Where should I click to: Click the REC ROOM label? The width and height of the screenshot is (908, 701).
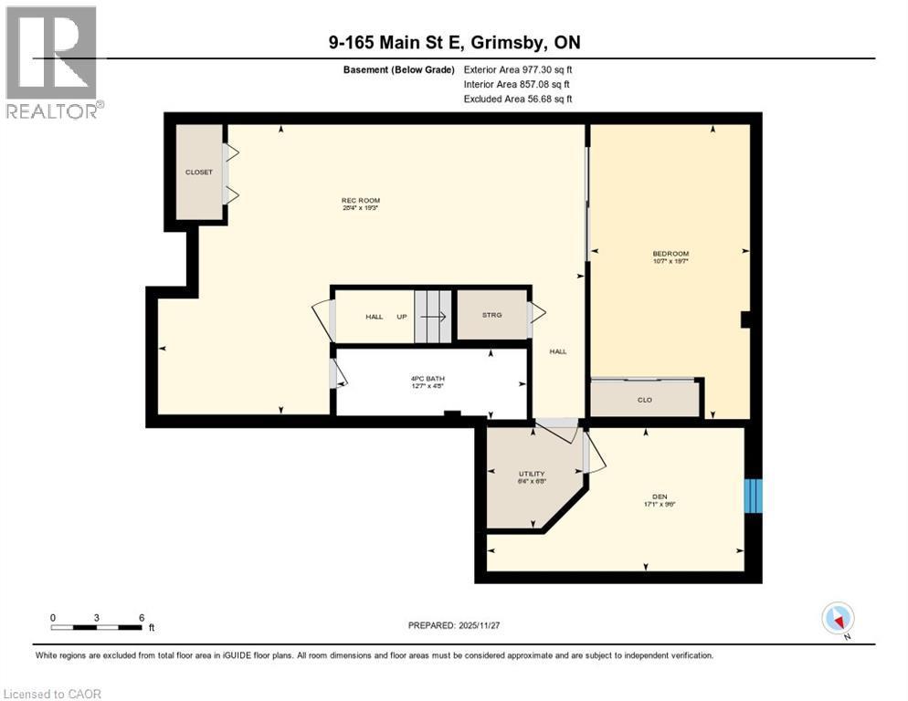click(x=360, y=201)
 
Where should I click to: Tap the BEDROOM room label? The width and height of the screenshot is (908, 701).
click(x=670, y=254)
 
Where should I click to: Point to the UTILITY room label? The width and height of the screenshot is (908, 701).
click(x=531, y=474)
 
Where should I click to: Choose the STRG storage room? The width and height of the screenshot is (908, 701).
click(x=492, y=316)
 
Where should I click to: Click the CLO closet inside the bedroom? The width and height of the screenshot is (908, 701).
click(x=645, y=399)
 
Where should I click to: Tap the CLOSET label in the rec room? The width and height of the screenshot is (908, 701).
click(x=198, y=173)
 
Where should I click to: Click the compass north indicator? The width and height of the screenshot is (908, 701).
click(x=837, y=619)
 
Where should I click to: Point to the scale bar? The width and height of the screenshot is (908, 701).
click(x=97, y=627)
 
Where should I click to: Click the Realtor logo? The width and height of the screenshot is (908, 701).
click(x=52, y=62)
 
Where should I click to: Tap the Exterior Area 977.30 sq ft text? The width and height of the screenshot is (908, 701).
click(x=518, y=68)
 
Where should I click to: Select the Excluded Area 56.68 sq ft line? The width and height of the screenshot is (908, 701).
click(x=518, y=99)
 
